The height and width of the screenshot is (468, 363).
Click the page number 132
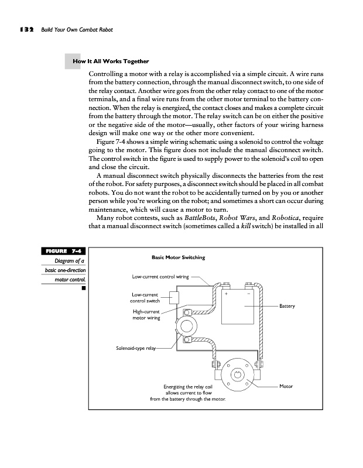(24, 29)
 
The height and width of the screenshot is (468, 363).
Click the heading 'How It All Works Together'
(110, 61)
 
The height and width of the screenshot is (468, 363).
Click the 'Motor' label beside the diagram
(286, 387)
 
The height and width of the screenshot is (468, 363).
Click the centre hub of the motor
(238, 374)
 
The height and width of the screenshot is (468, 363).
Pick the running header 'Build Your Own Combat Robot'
(76, 29)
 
